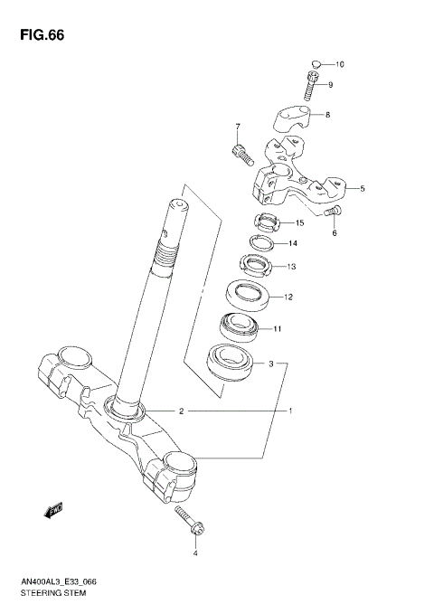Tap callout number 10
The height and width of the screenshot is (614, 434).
(340, 64)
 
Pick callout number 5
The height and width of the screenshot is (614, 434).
(362, 189)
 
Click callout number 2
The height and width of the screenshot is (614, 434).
(181, 411)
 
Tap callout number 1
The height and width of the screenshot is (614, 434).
(290, 411)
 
